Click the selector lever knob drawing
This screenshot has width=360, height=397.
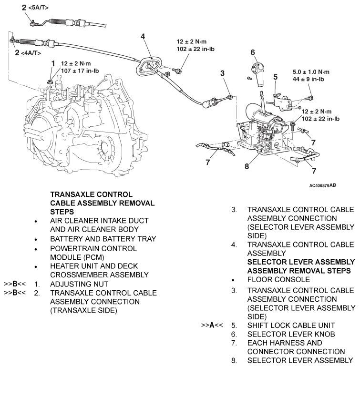pyautogui.click(x=259, y=72)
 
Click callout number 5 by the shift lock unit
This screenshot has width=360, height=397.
pyautogui.click(x=275, y=76)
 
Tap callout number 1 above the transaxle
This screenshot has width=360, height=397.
pyautogui.click(x=53, y=63)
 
